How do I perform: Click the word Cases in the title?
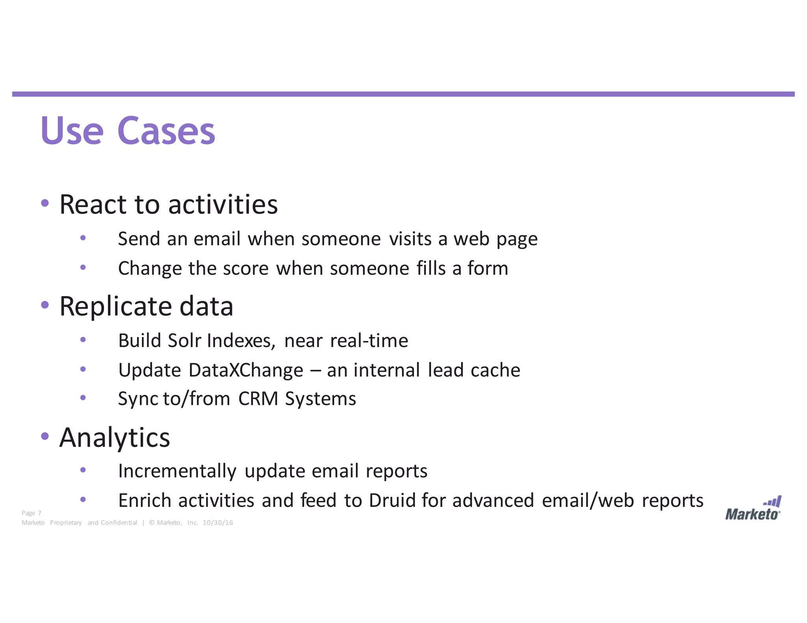[x=166, y=131]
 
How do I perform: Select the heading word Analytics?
[x=115, y=438]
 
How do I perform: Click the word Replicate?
[x=115, y=306]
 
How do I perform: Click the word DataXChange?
[x=246, y=370]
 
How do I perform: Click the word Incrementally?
[x=177, y=471]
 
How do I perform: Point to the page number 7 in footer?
[x=39, y=513]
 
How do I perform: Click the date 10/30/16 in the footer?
[x=218, y=523]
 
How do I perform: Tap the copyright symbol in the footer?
[x=152, y=523]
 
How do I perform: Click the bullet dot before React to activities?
[x=45, y=203]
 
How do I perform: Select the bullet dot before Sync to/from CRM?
[x=83, y=398]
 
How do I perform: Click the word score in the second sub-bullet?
[x=245, y=269]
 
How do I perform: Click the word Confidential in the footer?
[x=119, y=523]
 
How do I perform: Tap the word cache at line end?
[x=495, y=370]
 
